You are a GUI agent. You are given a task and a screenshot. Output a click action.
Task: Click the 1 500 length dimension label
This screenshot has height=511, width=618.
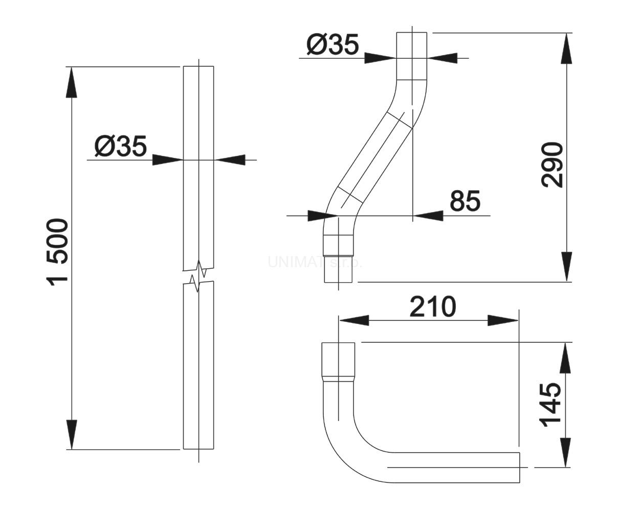(58, 252)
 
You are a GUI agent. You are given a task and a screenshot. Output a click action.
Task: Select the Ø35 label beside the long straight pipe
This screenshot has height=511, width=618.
(121, 147)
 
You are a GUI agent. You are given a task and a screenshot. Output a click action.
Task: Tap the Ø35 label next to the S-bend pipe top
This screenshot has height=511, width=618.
(333, 45)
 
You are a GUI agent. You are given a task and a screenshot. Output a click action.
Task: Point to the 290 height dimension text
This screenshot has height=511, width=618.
(553, 165)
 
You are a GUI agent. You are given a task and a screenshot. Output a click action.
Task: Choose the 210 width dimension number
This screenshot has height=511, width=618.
(432, 307)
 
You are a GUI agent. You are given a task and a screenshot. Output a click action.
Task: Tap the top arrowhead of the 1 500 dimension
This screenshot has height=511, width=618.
(72, 82)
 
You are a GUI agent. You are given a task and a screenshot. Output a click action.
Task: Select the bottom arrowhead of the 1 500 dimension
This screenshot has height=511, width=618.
(72, 434)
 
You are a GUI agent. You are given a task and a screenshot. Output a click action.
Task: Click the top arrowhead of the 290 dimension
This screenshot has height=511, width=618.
(566, 49)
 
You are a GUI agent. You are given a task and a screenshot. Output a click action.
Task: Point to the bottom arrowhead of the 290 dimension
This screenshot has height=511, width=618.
(566, 266)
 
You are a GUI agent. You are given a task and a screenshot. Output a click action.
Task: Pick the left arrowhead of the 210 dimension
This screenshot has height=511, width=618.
(354, 320)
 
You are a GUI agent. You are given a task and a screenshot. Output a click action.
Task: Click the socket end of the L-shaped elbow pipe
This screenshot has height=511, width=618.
(338, 360)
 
